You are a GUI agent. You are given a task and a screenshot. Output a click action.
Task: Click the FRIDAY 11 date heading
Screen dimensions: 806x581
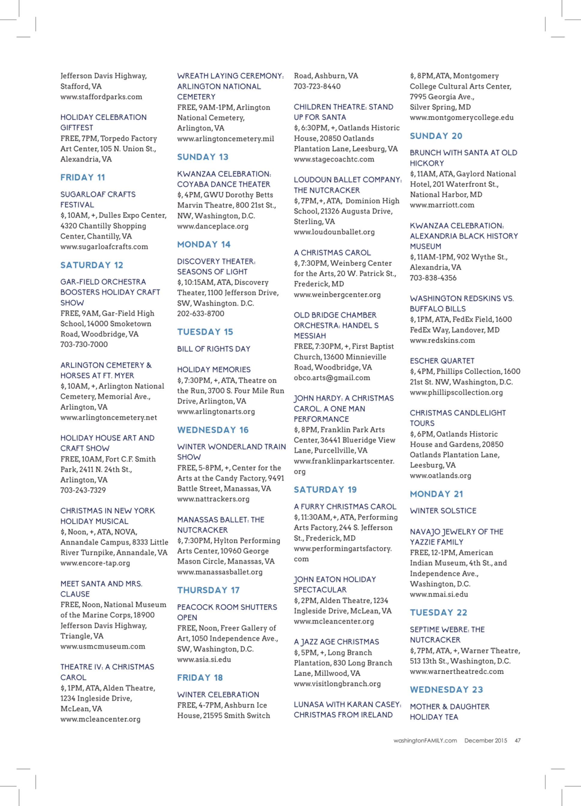pos(82,177)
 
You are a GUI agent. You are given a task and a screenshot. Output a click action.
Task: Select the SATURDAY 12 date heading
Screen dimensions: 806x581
pos(92,265)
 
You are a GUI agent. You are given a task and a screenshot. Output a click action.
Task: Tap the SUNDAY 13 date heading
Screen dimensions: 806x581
pos(203,157)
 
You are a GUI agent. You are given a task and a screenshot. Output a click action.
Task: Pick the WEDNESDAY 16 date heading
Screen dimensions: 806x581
pos(213,430)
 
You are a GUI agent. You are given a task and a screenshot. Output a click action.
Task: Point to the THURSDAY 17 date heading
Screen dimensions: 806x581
pos(208,590)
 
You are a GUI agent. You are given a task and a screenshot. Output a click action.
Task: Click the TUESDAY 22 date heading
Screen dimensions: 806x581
pos(439,613)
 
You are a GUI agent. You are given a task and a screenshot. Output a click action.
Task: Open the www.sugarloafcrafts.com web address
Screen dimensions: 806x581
pos(104,247)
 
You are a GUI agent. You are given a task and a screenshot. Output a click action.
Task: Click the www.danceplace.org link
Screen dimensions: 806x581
pos(213,226)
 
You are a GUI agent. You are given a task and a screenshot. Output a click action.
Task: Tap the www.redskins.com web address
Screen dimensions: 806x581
pos(442,340)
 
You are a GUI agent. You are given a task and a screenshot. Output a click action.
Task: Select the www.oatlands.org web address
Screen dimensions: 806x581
pos(440,476)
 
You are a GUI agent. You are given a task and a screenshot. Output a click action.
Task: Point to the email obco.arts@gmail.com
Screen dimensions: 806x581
pos(332,378)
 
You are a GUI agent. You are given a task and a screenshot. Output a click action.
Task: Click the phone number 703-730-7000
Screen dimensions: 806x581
pos(84,344)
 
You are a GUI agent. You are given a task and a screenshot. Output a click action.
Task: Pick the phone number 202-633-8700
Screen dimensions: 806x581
pos(201,314)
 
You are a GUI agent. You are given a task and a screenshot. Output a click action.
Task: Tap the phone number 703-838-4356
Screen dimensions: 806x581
pos(433,278)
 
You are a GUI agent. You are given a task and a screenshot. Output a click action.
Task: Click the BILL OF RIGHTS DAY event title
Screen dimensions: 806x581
pos(213,349)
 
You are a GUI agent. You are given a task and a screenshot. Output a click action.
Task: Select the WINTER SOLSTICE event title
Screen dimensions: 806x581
pos(443,511)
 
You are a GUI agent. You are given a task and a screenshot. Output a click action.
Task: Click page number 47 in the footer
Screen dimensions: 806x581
pos(518,741)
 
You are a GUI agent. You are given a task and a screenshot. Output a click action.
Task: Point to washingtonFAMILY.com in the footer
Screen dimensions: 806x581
pos(425,741)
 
